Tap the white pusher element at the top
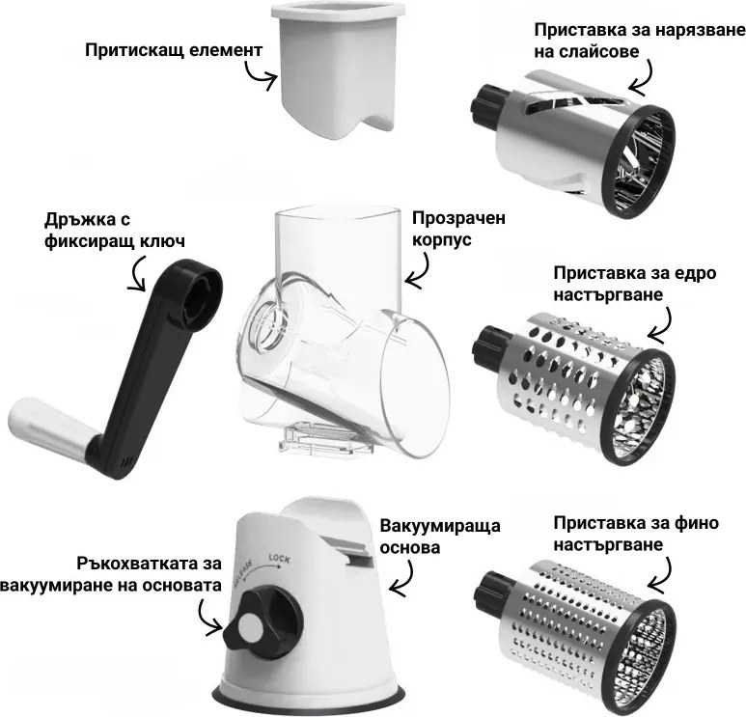pyautogui.click(x=334, y=68)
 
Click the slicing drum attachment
pyautogui.click(x=569, y=145)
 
